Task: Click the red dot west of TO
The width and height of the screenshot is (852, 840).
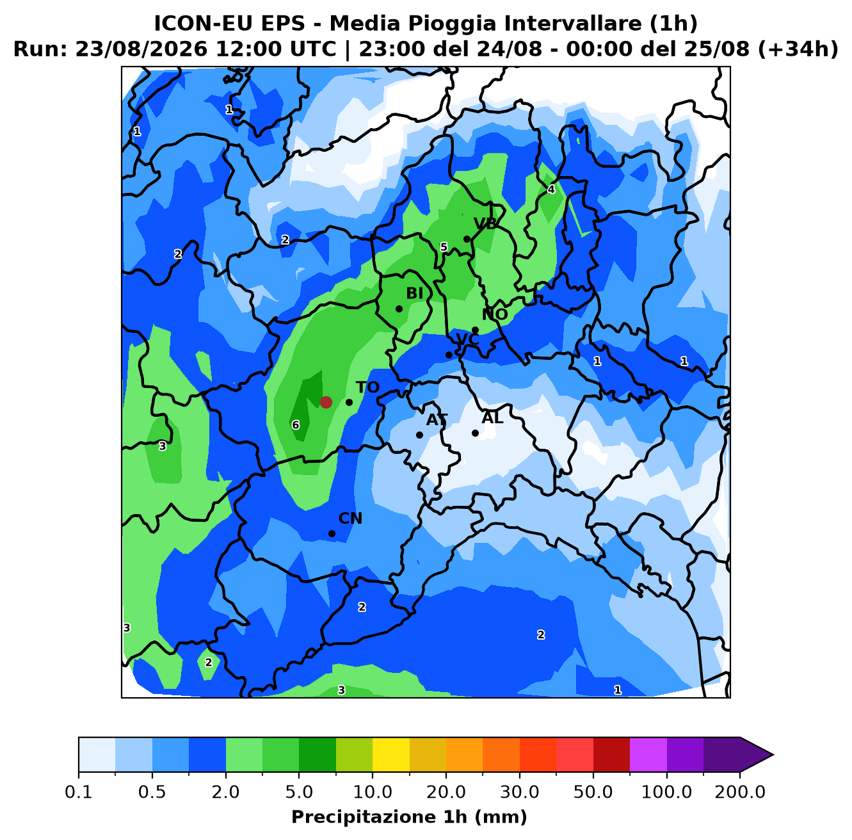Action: [x=326, y=402]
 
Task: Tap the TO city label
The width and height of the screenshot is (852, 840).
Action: [x=368, y=387]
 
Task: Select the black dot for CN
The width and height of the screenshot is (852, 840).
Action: [x=332, y=533]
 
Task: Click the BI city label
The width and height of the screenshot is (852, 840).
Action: [x=414, y=293]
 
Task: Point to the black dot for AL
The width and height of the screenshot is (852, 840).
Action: [x=475, y=433]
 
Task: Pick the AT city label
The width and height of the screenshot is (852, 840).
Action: [x=437, y=420]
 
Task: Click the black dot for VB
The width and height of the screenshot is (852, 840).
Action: [x=467, y=239]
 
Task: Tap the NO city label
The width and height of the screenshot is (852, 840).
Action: [x=495, y=314]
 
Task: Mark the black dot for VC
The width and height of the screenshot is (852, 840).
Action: [x=449, y=355]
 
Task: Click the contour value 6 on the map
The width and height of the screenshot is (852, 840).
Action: [x=296, y=425]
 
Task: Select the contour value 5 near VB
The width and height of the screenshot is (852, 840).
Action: [x=444, y=247]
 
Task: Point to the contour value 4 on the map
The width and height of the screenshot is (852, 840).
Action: [x=551, y=190]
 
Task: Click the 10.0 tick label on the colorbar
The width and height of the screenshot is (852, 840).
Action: [x=373, y=792]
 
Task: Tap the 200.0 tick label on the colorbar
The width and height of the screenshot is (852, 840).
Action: [x=740, y=792]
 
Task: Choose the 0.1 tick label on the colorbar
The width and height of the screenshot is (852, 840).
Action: [x=79, y=792]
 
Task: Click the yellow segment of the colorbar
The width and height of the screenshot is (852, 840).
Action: [x=391, y=754]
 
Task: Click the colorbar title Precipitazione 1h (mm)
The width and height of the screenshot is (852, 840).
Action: [x=409, y=816]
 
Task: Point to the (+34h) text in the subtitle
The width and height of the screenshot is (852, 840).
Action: [x=798, y=49]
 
